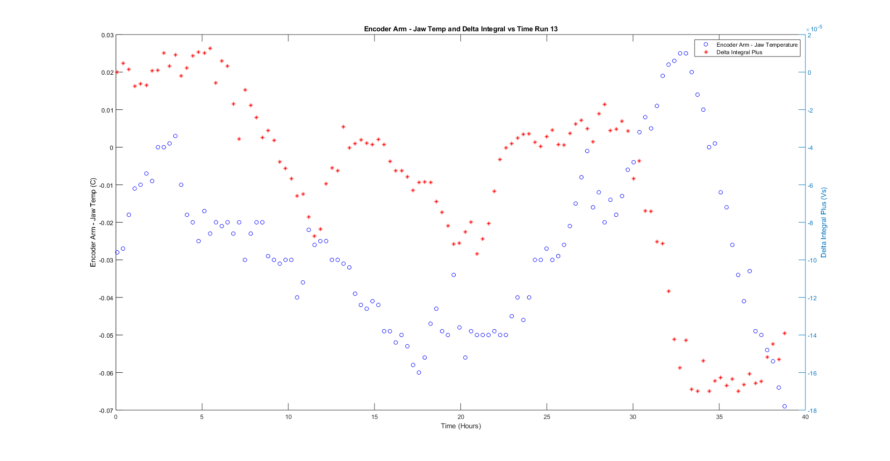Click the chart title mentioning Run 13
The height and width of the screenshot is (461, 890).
(x=460, y=29)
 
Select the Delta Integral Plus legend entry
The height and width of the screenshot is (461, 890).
(x=739, y=52)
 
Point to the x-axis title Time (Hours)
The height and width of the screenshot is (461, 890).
(x=460, y=426)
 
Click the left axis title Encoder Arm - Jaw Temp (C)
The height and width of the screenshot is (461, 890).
(x=93, y=222)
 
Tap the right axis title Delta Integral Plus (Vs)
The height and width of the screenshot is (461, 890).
(x=824, y=222)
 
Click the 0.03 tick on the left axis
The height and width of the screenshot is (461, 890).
(x=107, y=35)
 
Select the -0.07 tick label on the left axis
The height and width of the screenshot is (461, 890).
(x=106, y=411)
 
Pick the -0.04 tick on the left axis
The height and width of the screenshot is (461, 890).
(x=106, y=298)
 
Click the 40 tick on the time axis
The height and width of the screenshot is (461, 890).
(x=805, y=417)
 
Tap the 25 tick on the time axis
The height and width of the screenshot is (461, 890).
(x=546, y=417)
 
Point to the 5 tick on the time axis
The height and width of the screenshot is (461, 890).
(x=202, y=417)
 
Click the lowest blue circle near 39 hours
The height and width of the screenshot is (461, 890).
(x=784, y=406)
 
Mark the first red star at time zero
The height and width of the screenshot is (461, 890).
(x=117, y=72)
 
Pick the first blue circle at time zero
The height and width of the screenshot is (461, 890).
(x=117, y=252)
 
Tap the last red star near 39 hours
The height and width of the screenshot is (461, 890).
(x=784, y=333)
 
